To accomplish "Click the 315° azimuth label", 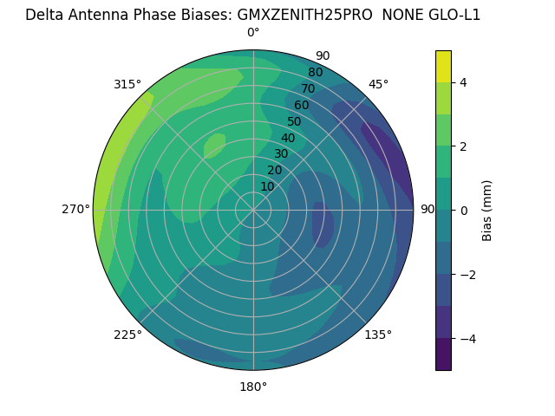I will click(x=127, y=84).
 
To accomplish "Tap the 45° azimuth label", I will click(x=379, y=84).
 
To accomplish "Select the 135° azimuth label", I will click(x=378, y=335).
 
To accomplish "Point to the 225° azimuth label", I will click(x=127, y=335).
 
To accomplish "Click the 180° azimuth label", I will click(x=253, y=387).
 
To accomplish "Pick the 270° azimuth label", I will click(x=76, y=209).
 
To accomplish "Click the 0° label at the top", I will click(x=253, y=33).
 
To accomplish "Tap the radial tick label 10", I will click(x=267, y=186).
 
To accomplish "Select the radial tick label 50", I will click(x=294, y=121).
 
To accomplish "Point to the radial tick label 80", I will click(x=315, y=72).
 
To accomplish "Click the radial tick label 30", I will click(x=281, y=154).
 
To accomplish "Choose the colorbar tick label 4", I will click(x=463, y=82).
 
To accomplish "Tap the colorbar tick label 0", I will click(x=463, y=210).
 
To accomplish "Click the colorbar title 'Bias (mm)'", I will click(x=487, y=210).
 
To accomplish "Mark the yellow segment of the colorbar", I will click(x=443, y=66).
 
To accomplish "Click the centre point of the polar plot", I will click(x=253, y=210).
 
